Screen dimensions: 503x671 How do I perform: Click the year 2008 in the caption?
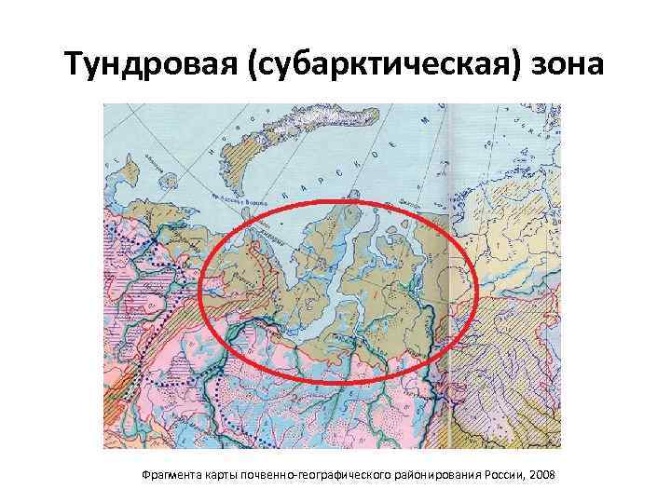point(541,475)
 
